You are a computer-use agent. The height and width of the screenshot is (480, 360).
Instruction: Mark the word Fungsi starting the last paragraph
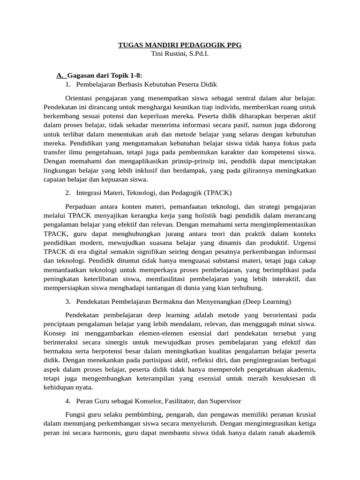(76, 415)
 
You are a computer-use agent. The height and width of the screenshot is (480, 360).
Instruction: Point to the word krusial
(304, 415)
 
